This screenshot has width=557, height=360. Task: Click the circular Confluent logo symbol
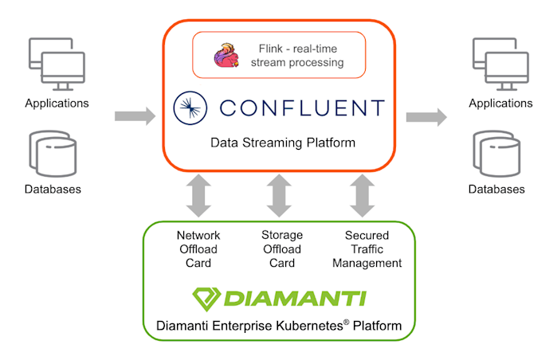(191, 108)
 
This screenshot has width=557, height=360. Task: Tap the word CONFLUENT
(301, 108)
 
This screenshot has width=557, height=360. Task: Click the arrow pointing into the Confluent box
(135, 116)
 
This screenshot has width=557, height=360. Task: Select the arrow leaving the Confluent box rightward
(426, 116)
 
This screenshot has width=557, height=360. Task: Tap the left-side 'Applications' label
(57, 103)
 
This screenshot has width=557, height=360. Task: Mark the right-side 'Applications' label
(500, 103)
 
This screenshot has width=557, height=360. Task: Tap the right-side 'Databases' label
(497, 190)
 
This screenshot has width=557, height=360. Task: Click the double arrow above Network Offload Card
(198, 195)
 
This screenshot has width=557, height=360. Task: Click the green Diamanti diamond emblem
(206, 299)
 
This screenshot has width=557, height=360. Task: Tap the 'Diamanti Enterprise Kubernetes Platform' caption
(278, 327)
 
